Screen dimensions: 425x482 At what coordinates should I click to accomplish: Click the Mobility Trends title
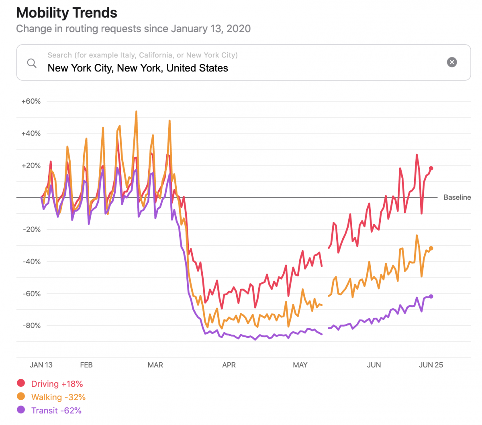tap(67, 13)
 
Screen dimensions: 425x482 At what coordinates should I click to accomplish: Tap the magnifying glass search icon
tap(32, 63)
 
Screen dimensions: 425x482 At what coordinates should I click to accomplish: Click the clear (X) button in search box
tap(452, 62)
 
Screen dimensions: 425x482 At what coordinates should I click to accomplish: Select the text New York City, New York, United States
tap(138, 68)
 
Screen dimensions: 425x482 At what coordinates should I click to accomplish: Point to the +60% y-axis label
tap(31, 101)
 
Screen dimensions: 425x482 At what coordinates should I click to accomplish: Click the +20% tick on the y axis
tap(31, 166)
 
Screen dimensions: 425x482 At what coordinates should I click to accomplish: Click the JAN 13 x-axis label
tap(41, 365)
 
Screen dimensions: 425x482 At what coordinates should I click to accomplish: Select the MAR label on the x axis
tap(155, 365)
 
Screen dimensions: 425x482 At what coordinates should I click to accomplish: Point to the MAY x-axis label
tap(300, 365)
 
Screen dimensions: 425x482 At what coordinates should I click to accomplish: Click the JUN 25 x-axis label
tap(431, 365)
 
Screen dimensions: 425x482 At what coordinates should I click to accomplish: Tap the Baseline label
tap(457, 197)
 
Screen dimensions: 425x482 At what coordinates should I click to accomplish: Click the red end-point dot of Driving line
tap(431, 168)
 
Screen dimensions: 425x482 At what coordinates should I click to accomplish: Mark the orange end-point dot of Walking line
tap(431, 248)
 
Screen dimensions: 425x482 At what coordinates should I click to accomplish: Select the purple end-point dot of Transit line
tap(431, 296)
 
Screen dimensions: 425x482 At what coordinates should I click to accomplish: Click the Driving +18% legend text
tap(57, 384)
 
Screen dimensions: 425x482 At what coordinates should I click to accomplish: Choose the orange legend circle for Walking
tap(21, 396)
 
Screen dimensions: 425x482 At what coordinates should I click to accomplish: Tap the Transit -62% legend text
tap(56, 411)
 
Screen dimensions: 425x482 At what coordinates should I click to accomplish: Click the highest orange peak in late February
tap(136, 112)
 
